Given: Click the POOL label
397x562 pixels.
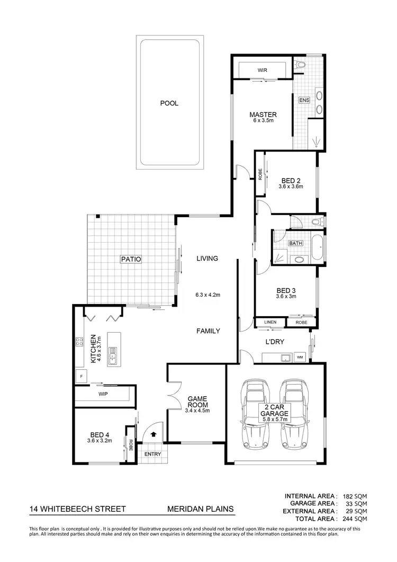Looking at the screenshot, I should point(169,103).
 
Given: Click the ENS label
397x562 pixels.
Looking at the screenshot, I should point(304,101).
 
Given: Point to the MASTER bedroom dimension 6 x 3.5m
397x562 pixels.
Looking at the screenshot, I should point(263,121).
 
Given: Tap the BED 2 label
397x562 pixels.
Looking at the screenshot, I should point(291,181).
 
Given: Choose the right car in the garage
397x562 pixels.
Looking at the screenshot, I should point(294,413).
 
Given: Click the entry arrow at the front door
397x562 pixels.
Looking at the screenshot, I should point(154,434).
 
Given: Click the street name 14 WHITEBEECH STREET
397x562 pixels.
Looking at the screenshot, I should point(78,510).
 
